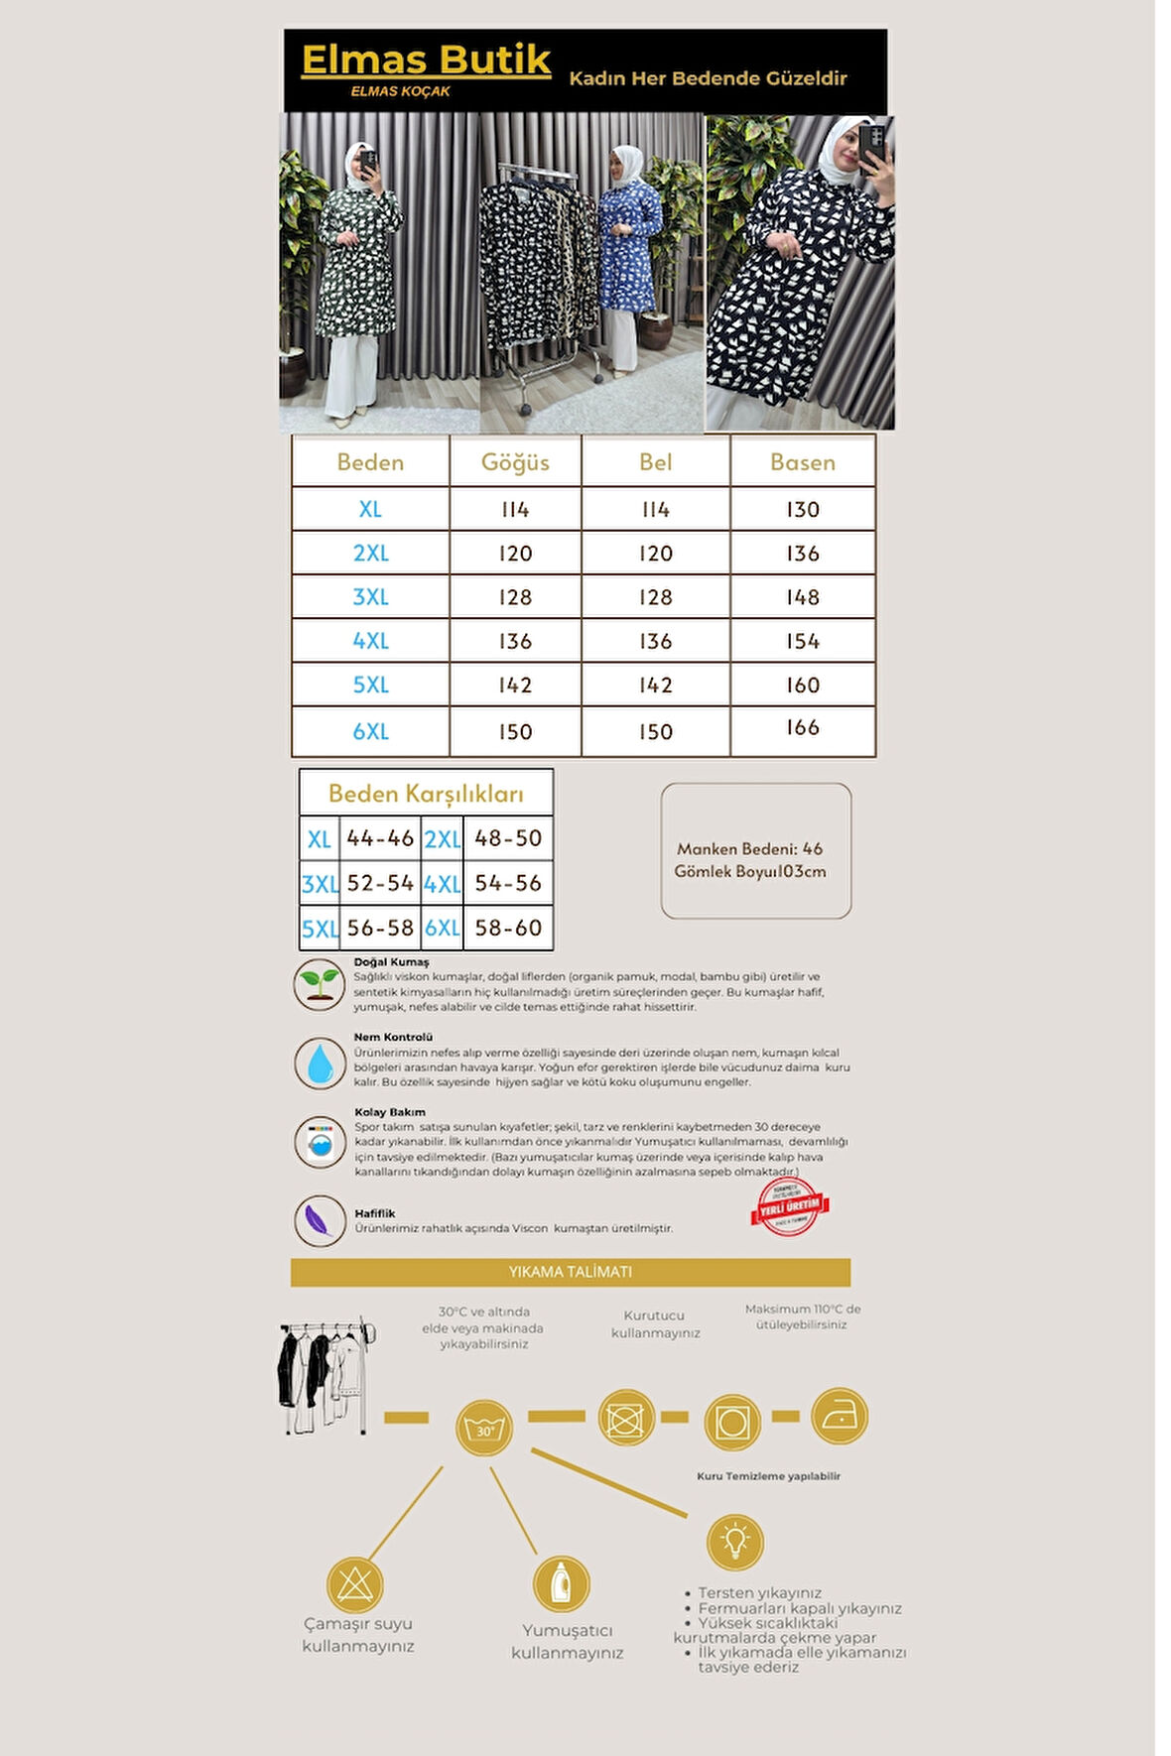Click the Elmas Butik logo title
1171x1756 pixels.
(426, 62)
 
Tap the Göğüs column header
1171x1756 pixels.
(515, 462)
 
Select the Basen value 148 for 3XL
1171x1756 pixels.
(802, 597)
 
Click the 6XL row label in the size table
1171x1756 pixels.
(370, 732)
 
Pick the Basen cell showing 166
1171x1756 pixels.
(802, 728)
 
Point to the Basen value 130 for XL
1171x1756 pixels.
(802, 510)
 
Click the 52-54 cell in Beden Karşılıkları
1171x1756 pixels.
(380, 883)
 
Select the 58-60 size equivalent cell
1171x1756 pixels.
(508, 929)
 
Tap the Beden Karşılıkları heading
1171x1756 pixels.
(426, 794)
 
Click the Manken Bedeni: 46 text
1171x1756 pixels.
(749, 849)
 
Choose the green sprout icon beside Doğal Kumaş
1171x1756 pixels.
(320, 985)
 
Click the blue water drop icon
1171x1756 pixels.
(320, 1063)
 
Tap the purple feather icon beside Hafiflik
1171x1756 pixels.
(320, 1220)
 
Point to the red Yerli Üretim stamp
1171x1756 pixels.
(789, 1206)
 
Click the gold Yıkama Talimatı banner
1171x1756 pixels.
(571, 1272)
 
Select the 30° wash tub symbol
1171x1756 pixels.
(484, 1429)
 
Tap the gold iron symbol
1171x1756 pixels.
(840, 1416)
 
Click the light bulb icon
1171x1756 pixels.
(735, 1542)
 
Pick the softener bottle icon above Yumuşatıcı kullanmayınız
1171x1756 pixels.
(562, 1583)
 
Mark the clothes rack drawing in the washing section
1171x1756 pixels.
(324, 1377)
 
